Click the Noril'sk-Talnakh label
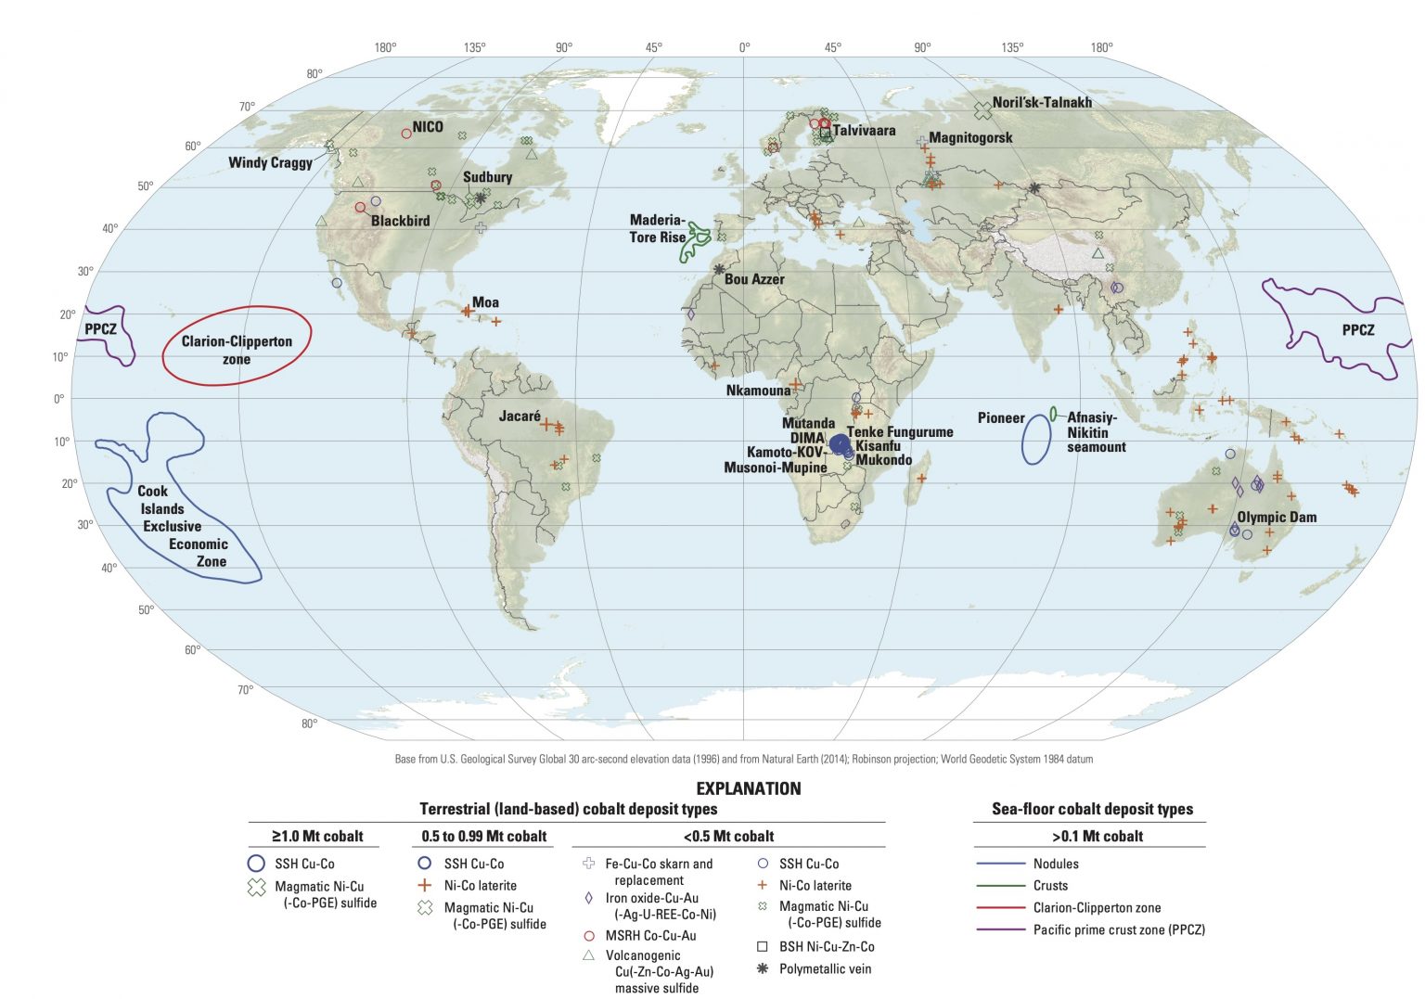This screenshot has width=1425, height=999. pos(1042,103)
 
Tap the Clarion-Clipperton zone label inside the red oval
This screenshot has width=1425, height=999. pos(237,350)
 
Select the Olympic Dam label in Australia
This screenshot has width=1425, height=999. pos(1277,517)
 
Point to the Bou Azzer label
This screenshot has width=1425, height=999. pos(754,279)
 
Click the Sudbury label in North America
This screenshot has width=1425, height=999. pos(487,177)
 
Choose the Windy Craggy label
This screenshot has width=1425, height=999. pos(270,162)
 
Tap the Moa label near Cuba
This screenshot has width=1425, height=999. pos(485,302)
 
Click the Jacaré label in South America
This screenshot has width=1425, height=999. pos(520,416)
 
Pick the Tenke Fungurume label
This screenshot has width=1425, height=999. pos(900,432)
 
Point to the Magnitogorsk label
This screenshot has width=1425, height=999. pos(970,138)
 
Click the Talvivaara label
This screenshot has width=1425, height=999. pos(864,131)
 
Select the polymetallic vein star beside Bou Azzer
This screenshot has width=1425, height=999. pos(719,269)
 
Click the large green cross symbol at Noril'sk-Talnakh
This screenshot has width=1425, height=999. pos(982,110)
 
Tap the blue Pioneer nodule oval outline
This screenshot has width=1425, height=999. pos(1036,440)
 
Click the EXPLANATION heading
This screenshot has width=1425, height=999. pos(748,788)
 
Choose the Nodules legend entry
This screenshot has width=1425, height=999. pos(1056,864)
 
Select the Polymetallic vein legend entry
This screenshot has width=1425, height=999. pos(825,969)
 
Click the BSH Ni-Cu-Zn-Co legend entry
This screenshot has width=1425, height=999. pos(827,947)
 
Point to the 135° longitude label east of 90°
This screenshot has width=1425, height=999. pos(1012,47)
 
